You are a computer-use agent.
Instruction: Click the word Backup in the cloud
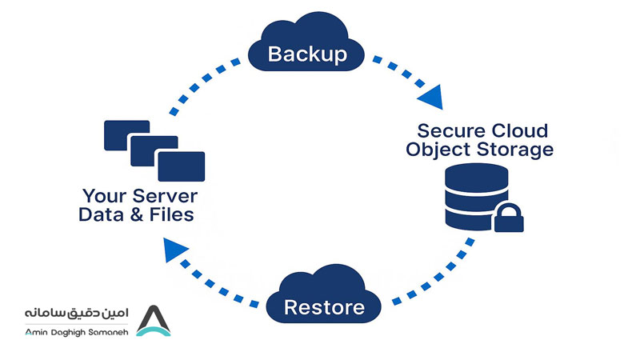[307, 54]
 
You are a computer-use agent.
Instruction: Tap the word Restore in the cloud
[324, 307]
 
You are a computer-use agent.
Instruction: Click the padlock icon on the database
[509, 218]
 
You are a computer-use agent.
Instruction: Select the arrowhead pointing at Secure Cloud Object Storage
[431, 98]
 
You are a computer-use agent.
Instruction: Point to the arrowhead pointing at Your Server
[174, 250]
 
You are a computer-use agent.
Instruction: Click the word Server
[166, 196]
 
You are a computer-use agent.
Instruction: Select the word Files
[172, 214]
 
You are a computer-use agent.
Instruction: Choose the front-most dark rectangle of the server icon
[182, 166]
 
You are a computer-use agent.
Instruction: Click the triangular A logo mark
[153, 321]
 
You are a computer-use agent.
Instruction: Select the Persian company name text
[76, 314]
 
